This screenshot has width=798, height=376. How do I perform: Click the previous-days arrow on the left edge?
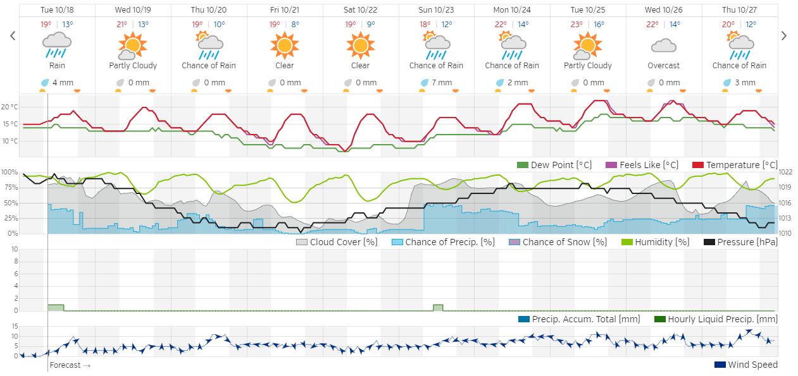click(13, 36)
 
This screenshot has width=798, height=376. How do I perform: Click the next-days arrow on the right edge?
click(784, 36)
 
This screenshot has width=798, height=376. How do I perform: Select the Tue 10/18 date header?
click(57, 10)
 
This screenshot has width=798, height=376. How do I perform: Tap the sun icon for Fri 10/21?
click(284, 45)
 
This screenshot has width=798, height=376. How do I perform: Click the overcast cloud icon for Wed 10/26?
click(663, 45)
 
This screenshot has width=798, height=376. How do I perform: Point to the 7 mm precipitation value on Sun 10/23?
click(442, 83)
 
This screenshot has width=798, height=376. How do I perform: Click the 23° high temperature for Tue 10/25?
click(577, 25)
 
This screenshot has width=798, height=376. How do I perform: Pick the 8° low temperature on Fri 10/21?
click(296, 25)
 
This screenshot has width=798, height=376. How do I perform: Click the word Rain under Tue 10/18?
click(57, 66)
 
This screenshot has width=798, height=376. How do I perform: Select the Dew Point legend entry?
click(554, 165)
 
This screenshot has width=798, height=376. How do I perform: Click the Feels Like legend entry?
click(642, 165)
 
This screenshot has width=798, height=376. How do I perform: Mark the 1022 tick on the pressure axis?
click(786, 172)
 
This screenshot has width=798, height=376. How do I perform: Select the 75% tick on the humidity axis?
click(9, 187)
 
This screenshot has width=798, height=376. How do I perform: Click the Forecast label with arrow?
click(70, 365)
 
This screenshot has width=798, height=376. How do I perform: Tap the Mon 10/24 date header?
click(512, 10)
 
